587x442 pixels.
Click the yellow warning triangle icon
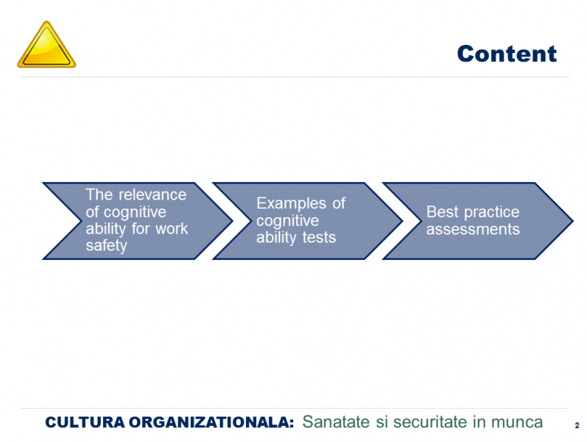coord(46,45)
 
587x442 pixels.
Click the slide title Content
coord(507,54)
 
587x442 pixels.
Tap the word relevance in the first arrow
coord(152,194)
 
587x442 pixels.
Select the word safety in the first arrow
coord(107,246)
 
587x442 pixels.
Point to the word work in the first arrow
coord(172,229)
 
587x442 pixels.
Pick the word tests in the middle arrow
coord(319,237)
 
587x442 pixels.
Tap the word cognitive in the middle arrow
coord(287,220)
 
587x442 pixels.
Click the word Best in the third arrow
coord(443,212)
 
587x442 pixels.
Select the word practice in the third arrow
coord(491,212)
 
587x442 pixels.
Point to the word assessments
coord(473,229)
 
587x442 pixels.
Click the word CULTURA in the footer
coord(85,423)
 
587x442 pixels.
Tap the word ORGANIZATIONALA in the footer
coord(211,423)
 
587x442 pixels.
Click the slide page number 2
coord(577,426)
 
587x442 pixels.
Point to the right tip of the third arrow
coord(573,221)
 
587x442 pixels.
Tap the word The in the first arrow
coord(99,194)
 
